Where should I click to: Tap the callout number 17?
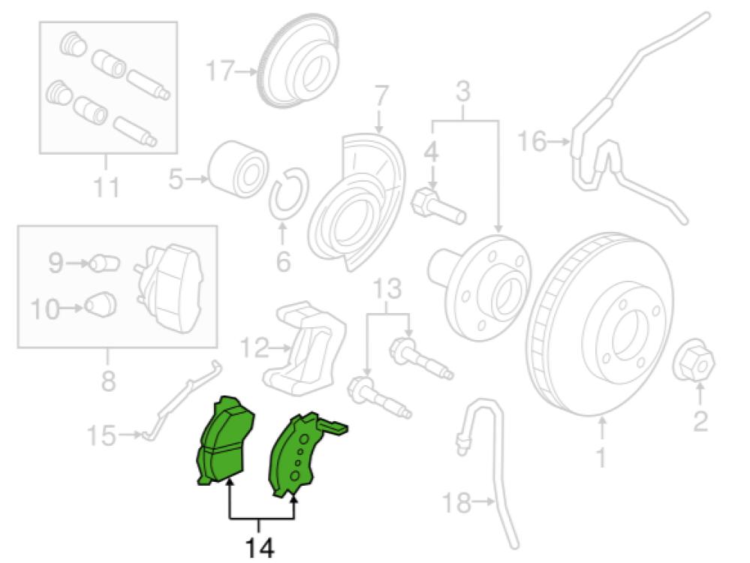pos(221,71)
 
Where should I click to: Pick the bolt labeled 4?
pos(438,206)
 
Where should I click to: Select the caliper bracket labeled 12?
pos(304,349)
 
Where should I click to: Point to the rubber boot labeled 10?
pos(101,305)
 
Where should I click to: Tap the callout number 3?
pos(463,92)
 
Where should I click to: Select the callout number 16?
pos(532,142)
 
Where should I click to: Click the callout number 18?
pos(456,502)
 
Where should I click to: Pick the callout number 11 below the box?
pos(106,187)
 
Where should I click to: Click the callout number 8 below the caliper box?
pos(109,381)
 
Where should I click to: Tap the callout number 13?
pos(387,290)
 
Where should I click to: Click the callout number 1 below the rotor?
pos(601,458)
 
